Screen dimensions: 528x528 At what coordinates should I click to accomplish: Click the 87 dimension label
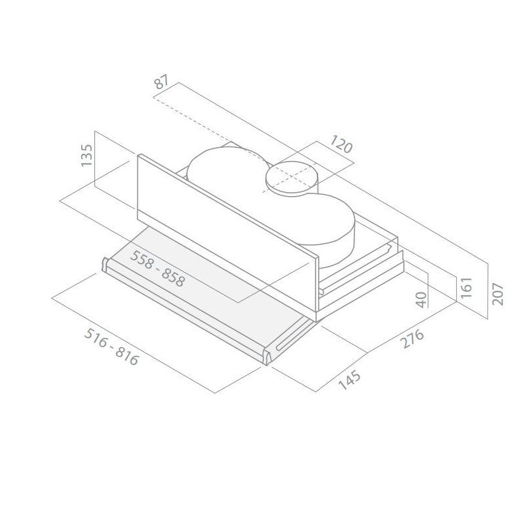160,83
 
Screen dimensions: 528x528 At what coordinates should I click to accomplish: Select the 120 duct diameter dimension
341,144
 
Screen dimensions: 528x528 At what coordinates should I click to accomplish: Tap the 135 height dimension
86,155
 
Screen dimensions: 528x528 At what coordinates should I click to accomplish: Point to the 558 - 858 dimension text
158,269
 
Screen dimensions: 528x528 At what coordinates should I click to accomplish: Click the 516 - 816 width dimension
111,347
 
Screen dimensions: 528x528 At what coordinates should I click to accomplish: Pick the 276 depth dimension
412,339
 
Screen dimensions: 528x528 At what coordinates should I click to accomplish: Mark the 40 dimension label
421,300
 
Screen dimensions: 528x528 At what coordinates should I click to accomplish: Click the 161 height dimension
467,287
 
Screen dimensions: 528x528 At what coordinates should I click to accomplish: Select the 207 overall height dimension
498,294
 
